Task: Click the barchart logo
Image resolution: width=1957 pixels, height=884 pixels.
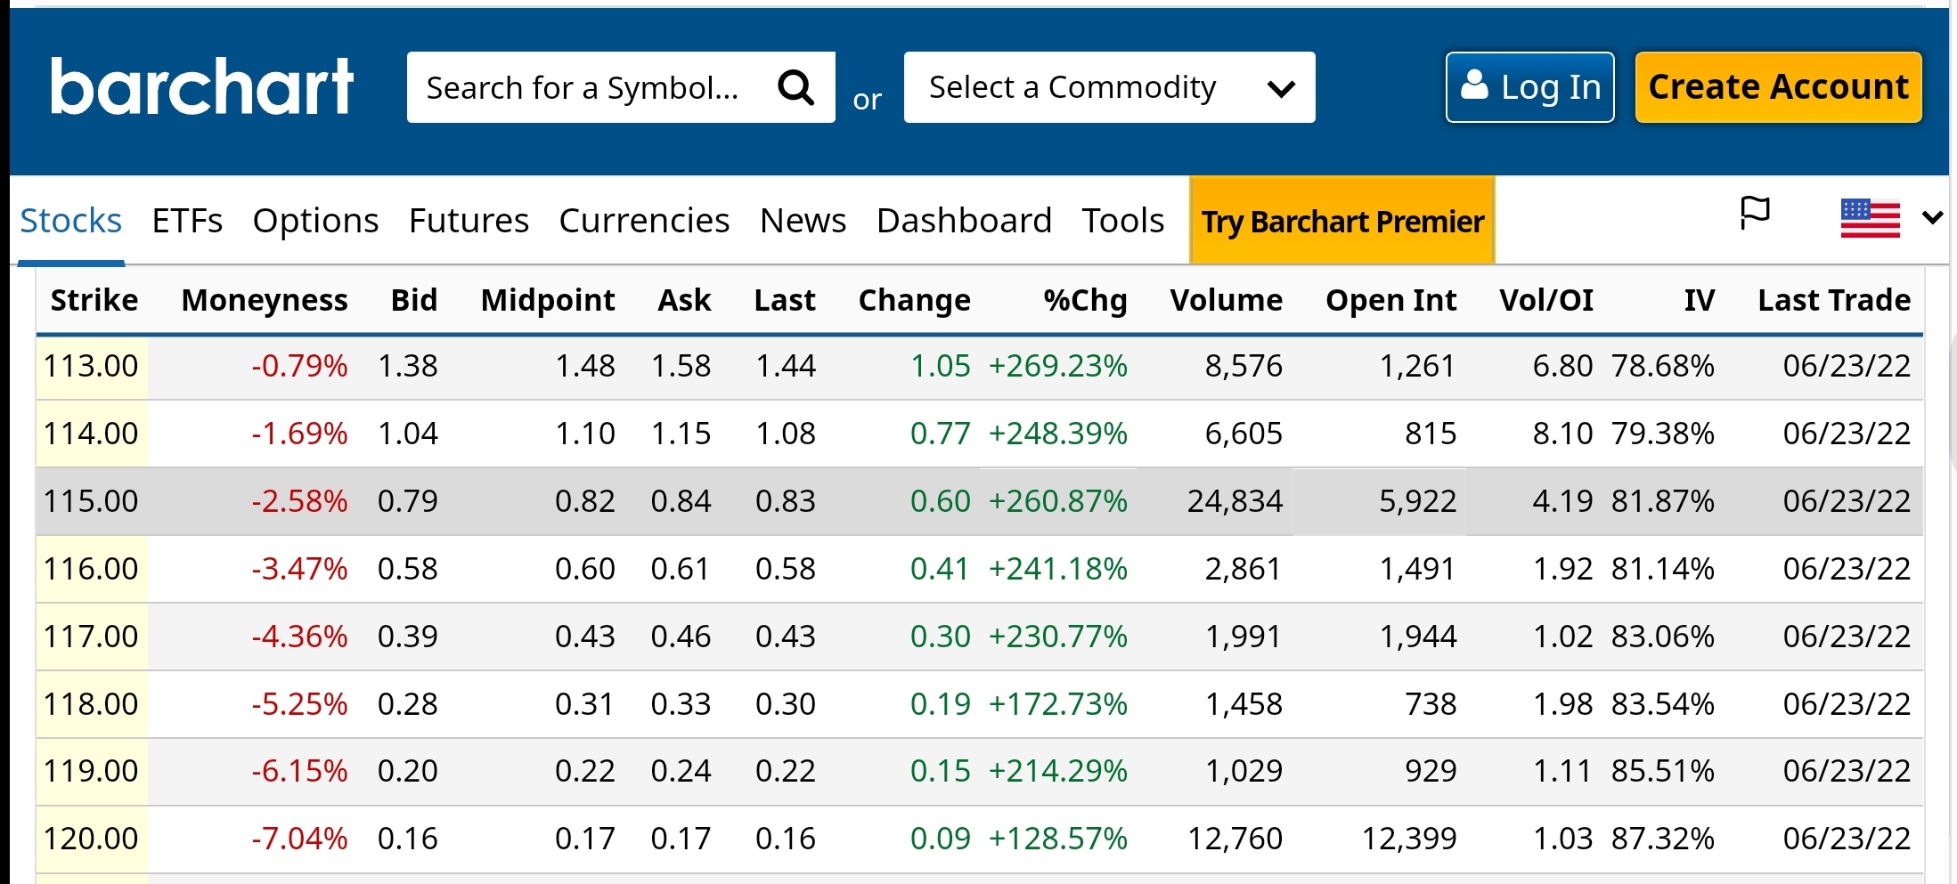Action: coord(202,86)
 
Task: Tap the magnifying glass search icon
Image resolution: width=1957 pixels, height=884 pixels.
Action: coord(795,87)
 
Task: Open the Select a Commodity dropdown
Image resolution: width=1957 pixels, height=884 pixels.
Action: coord(1109,87)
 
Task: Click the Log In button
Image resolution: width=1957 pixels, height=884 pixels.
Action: coord(1529,87)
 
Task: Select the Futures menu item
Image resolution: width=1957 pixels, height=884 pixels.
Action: coord(469,221)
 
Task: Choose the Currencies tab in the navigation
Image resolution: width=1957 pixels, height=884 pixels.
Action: coord(644,221)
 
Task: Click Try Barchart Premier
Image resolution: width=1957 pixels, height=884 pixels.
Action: coord(1341,221)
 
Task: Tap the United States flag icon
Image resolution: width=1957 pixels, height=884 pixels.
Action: coord(1870,218)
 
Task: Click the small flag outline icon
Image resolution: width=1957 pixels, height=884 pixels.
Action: coord(1755,214)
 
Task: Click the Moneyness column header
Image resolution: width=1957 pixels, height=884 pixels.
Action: coord(265,301)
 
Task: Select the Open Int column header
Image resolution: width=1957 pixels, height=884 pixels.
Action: coord(1390,301)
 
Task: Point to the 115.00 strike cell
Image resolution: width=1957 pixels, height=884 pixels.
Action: coord(91,501)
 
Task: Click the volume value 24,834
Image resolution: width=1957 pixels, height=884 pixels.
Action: coord(1235,501)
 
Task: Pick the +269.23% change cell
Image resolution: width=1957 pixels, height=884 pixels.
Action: coord(1057,366)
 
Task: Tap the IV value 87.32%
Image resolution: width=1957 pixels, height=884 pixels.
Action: coord(1662,839)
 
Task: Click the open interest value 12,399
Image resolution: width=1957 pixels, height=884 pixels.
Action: coord(1409,839)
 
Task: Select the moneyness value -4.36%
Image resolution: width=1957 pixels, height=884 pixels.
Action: coord(299,637)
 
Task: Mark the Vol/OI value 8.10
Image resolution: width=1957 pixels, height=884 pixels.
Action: coord(1562,434)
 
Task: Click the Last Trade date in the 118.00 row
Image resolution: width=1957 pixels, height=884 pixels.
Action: coord(1847,704)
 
